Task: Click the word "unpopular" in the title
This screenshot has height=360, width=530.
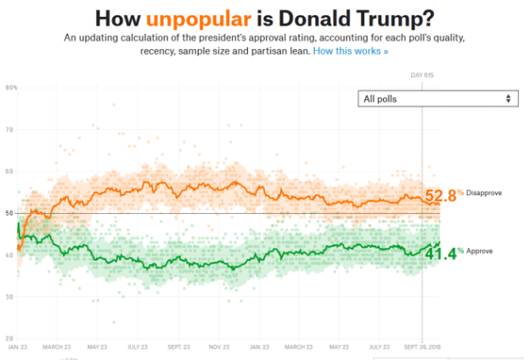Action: tap(192, 18)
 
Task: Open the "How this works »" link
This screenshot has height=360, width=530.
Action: tap(350, 52)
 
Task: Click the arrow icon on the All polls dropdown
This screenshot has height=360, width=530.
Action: tap(509, 98)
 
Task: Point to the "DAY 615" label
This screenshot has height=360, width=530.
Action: tap(422, 76)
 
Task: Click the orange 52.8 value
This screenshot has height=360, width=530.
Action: tap(441, 195)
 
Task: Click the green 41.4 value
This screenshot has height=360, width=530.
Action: tap(441, 252)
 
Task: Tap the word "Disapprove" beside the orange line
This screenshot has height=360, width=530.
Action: tap(484, 194)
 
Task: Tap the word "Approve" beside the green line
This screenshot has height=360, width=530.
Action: tap(479, 251)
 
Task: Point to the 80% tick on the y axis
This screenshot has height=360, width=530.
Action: tap(11, 87)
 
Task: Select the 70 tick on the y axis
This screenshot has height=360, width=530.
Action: tap(9, 129)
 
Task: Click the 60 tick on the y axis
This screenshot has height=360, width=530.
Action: tap(9, 172)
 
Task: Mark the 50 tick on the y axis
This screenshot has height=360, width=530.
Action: tap(9, 213)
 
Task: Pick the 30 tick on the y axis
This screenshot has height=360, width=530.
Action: tap(9, 296)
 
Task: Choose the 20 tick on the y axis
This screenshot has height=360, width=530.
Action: tap(9, 338)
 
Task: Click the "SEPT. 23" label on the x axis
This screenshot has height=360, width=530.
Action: tap(178, 347)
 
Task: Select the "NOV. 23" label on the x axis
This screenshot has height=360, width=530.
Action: tap(219, 347)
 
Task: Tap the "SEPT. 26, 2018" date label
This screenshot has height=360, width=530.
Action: tap(422, 347)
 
